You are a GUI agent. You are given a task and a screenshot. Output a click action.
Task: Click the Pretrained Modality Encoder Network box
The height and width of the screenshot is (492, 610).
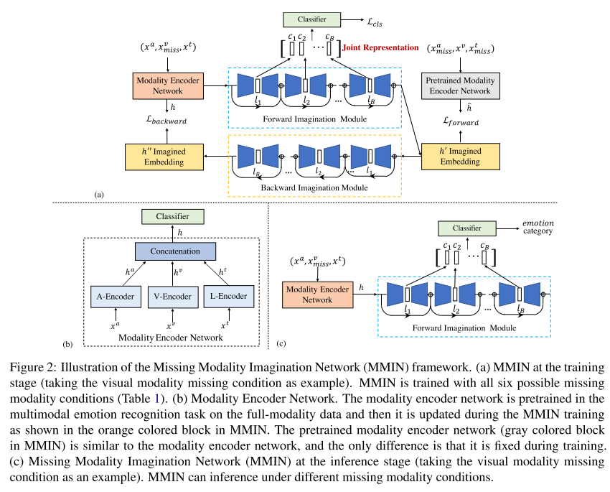coord(459,85)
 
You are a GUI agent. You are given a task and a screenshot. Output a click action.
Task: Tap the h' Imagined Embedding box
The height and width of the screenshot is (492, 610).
coord(459,156)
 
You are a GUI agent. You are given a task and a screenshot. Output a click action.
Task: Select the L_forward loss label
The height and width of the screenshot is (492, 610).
coord(459,121)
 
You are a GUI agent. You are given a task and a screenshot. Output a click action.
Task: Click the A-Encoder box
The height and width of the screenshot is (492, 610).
coord(112,296)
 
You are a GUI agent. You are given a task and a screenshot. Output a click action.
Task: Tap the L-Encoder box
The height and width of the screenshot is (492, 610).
coord(228,296)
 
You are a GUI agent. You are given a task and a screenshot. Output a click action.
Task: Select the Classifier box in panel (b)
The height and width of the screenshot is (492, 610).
coord(172,215)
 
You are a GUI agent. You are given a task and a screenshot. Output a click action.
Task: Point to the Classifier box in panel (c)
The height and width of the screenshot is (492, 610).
coord(466,228)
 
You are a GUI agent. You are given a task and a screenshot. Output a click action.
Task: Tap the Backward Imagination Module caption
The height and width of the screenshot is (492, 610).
coord(314,187)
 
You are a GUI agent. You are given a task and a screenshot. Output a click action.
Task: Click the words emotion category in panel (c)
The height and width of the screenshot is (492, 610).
coord(537,228)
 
